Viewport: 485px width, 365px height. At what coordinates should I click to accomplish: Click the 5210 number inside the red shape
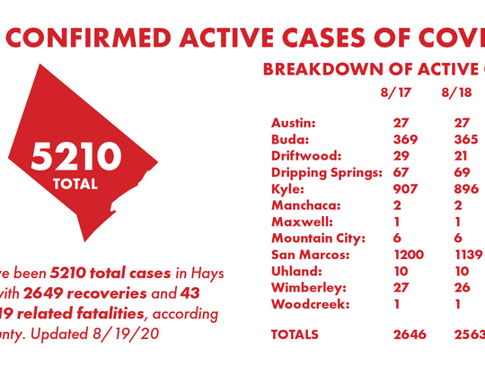pos(75,157)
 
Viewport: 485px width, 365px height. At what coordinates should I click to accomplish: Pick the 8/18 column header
pos(456,92)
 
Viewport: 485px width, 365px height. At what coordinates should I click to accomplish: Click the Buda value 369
pos(406,138)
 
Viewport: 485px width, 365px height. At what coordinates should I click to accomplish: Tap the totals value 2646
pos(411,334)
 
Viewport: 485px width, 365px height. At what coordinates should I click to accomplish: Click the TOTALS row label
pos(295,334)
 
